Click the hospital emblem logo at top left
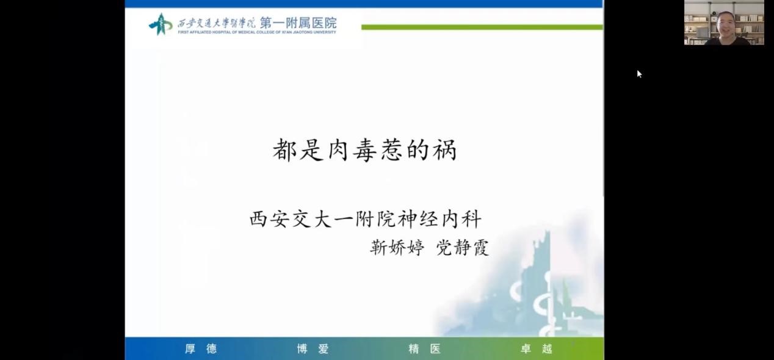(161, 24)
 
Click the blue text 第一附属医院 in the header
(298, 23)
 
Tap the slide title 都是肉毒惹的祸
(365, 150)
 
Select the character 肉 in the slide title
(338, 150)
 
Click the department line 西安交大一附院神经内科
(365, 219)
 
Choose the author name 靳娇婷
(397, 248)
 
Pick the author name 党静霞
(463, 248)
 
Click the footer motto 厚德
(201, 348)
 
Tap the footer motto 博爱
(313, 348)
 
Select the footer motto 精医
(425, 348)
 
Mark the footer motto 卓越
(537, 348)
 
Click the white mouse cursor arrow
(639, 74)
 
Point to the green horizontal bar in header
(482, 27)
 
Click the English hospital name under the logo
(257, 32)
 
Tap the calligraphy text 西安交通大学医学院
(216, 23)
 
